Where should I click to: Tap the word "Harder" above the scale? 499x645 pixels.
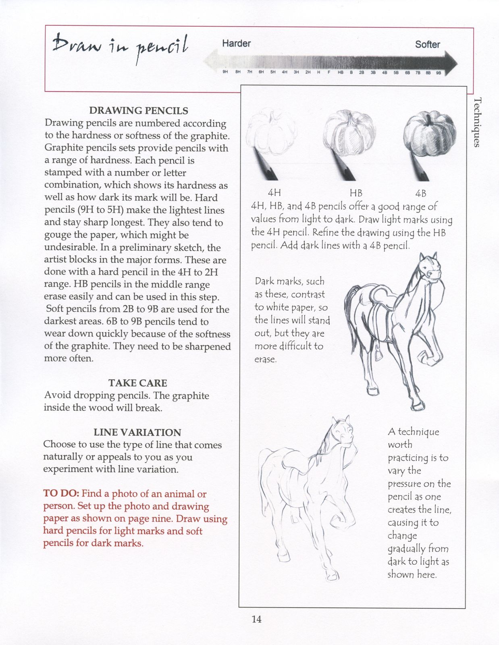coord(236,43)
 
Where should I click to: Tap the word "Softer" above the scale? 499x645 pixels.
coord(427,44)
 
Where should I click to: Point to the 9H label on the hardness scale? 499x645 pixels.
coord(225,72)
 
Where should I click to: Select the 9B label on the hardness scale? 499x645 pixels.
coord(439,73)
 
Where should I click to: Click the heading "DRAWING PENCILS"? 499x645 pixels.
coord(139,110)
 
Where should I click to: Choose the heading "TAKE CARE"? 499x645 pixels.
coord(137,383)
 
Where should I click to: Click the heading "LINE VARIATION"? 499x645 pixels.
coord(137,433)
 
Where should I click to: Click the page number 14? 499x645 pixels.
coord(256,619)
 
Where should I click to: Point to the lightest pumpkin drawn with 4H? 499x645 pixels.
coord(271,131)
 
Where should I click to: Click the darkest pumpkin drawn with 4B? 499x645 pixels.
coord(430,131)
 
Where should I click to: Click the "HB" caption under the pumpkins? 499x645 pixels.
coord(356,193)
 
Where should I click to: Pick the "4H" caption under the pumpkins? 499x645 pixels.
coord(274,193)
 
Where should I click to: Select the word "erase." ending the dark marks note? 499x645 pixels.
coord(266,359)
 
